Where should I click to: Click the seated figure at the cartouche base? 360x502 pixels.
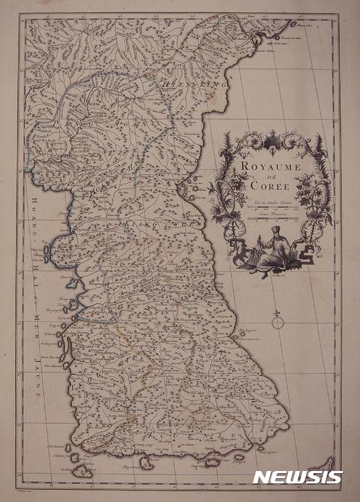(x=271, y=248)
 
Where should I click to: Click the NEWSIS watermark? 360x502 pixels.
(x=297, y=477)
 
